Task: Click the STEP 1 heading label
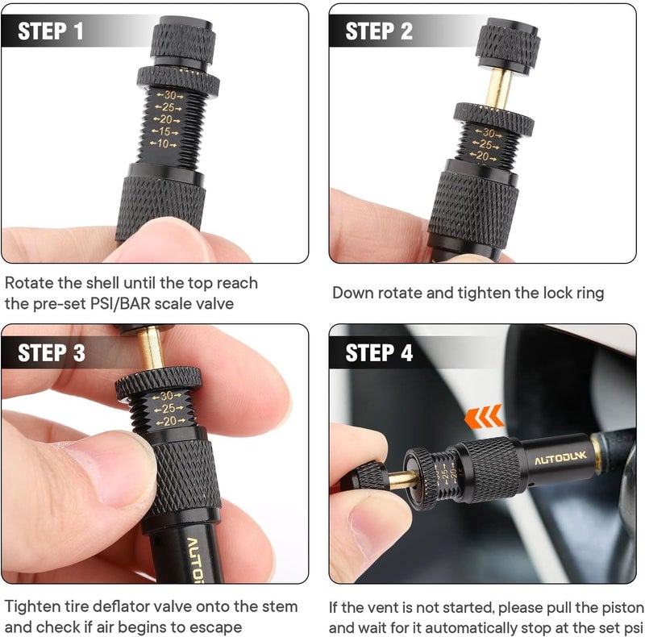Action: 51,31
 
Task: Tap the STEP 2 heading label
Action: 379,31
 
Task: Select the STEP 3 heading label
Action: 52,353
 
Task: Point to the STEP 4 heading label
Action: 379,353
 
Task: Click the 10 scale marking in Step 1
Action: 164,144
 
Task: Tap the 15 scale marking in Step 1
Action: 164,131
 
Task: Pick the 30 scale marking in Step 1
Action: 170,95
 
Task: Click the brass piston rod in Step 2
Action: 498,88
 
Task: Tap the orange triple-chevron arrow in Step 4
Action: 484,416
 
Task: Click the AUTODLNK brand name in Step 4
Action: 560,458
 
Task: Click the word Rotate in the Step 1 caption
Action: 29,283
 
